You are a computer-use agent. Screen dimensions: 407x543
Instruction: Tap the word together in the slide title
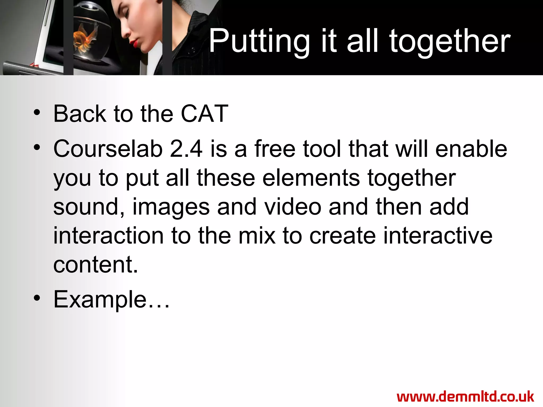[450, 42]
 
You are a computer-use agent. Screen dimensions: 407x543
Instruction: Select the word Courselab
[108, 149]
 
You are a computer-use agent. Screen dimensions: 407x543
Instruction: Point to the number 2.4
[186, 149]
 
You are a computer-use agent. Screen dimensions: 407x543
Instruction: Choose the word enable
[471, 149]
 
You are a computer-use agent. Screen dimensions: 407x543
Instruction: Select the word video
[293, 207]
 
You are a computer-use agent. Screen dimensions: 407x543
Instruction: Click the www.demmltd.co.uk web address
[465, 397]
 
